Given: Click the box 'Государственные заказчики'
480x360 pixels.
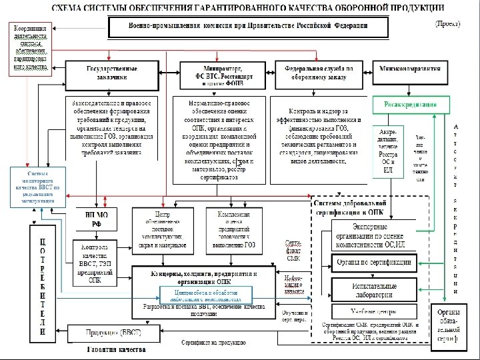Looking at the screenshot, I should (x=111, y=73).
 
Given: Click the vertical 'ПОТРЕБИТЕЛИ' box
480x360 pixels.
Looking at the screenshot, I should (x=43, y=284).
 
